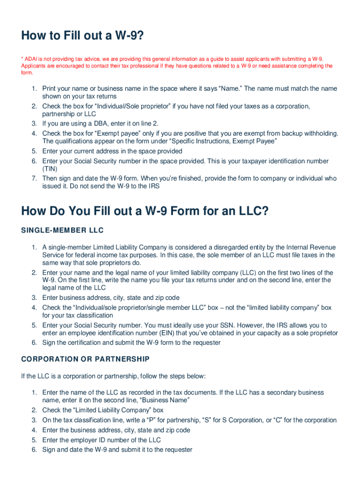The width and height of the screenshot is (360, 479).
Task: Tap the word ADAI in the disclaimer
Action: click(31, 59)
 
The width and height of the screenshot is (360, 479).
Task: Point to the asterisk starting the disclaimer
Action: click(22, 59)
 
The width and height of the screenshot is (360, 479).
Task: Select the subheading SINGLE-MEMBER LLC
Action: click(62, 231)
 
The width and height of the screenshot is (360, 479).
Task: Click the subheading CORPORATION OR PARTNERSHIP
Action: click(85, 359)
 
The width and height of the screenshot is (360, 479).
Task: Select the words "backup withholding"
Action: click(309, 133)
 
